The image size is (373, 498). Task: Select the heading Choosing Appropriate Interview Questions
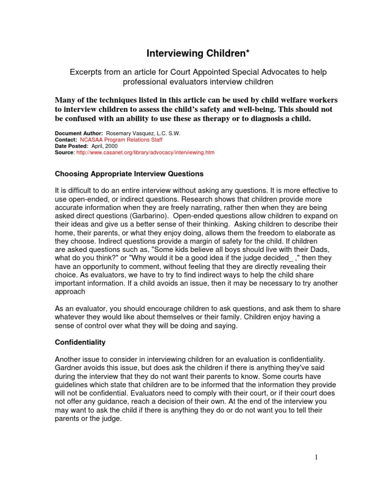pos(129,174)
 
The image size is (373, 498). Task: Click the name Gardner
pos(69,367)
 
